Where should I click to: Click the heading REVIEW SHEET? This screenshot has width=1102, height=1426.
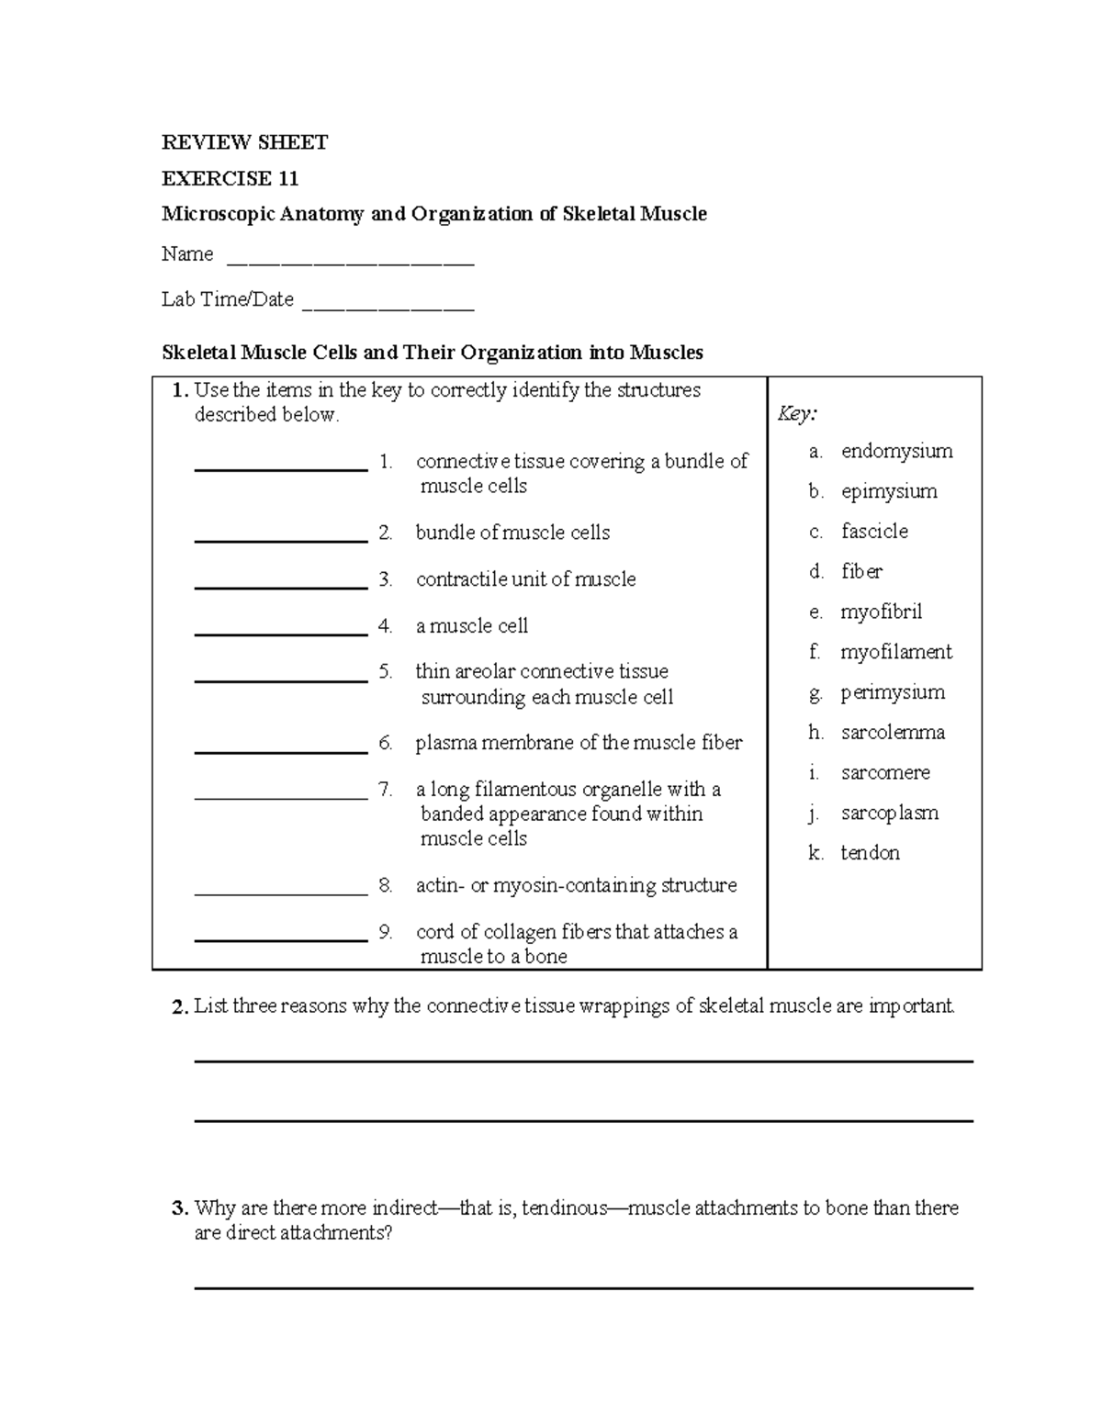(244, 142)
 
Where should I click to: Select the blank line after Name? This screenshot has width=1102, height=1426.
(350, 263)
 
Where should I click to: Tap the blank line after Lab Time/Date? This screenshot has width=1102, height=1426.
(388, 309)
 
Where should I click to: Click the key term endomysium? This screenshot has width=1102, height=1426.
(896, 451)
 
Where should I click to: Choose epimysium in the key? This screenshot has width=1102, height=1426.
(889, 491)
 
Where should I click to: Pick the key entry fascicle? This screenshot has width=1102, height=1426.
(874, 532)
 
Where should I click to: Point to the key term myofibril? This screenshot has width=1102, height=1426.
(881, 612)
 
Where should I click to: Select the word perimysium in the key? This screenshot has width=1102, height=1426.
(893, 692)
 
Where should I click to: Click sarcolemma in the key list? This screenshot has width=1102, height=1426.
(893, 733)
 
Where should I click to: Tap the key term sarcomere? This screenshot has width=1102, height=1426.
(885, 773)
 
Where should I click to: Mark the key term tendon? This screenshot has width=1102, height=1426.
(870, 853)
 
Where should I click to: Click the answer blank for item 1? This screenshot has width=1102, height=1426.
(281, 468)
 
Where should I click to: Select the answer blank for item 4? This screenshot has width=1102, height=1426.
(281, 633)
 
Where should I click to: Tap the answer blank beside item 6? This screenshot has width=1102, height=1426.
(281, 750)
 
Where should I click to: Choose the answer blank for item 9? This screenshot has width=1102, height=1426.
(281, 939)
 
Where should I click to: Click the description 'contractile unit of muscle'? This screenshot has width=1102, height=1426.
(525, 579)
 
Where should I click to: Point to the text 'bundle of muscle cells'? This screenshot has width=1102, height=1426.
(512, 533)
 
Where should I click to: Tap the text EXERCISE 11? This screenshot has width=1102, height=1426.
(230, 178)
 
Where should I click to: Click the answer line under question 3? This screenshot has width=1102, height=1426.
(583, 1288)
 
